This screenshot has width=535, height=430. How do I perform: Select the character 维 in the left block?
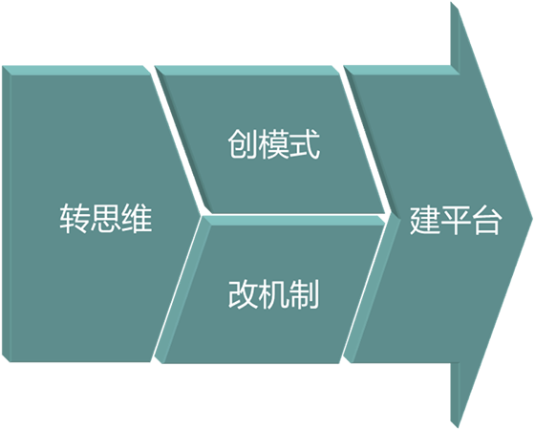pos(137,219)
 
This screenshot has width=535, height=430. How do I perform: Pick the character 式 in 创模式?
pos(305,144)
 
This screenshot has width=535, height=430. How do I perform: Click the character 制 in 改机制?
pos(305,294)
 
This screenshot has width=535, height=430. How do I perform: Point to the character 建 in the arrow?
pos(424,220)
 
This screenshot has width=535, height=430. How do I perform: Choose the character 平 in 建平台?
pos(456,220)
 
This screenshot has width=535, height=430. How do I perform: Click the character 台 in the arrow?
pos(486,220)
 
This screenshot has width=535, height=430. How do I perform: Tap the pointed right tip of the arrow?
pos(532,219)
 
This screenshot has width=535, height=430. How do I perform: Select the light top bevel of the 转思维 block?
pos(76,70)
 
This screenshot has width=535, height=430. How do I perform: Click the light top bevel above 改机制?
pos(294,221)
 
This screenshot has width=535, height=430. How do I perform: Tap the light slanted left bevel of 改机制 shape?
pos(183,290)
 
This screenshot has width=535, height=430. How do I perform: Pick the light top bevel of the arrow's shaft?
pos(401,70)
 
